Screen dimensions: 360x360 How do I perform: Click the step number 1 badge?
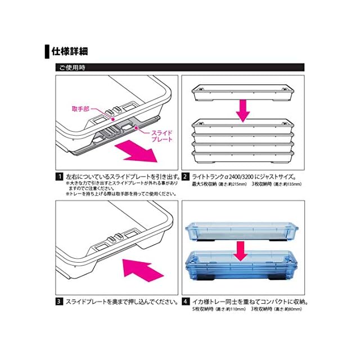pyautogui.click(x=58, y=177)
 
